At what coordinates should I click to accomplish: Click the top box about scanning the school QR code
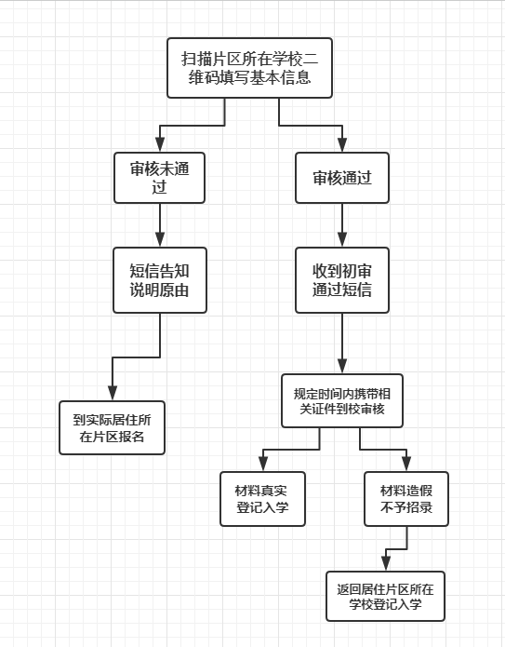pos(249,68)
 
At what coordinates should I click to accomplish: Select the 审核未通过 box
pos(160,178)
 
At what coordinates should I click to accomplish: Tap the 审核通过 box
pos(342,178)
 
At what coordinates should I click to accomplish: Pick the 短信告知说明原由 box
pos(160,280)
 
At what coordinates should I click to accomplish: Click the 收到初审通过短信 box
pos(342,280)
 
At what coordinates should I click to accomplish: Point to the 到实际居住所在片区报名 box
pos(113,428)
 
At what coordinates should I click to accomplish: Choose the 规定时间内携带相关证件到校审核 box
pos(342,400)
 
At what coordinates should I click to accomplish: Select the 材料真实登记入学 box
pos(262,499)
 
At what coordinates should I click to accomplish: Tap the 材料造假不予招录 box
pos(406,499)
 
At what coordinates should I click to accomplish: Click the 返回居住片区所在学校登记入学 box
pos(385,596)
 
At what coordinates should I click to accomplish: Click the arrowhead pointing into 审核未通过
pos(160,145)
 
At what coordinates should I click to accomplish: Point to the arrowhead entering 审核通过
pos(342,145)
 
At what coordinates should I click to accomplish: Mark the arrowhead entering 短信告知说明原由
pos(160,240)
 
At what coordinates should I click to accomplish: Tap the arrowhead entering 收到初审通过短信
pos(342,240)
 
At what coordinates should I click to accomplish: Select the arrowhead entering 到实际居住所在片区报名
pos(113,394)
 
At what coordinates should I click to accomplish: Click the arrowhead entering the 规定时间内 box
pos(342,367)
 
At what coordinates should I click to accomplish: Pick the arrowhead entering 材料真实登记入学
pos(263,465)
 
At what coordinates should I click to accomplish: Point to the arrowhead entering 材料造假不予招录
pos(406,465)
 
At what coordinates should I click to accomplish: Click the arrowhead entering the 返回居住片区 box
pos(386,564)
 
